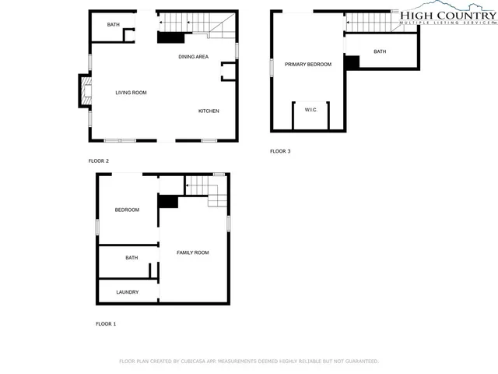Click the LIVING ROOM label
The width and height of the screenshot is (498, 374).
131,93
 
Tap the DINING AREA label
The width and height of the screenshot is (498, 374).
193,57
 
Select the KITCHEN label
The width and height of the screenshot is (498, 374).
209,111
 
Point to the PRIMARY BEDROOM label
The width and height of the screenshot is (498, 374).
307,64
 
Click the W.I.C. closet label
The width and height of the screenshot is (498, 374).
310,110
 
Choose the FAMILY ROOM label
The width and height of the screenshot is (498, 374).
193,252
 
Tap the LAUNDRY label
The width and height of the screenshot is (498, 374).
128,292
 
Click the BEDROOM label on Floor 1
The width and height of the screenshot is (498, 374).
127,210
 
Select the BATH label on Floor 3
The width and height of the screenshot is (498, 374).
380,51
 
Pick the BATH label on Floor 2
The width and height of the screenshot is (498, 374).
114,25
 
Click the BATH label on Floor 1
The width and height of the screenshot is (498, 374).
132,258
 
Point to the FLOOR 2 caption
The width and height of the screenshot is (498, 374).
99,161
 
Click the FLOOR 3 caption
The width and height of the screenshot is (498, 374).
280,151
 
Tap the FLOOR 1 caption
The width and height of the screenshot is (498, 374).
106,323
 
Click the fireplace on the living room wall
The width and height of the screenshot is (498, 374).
83,91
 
